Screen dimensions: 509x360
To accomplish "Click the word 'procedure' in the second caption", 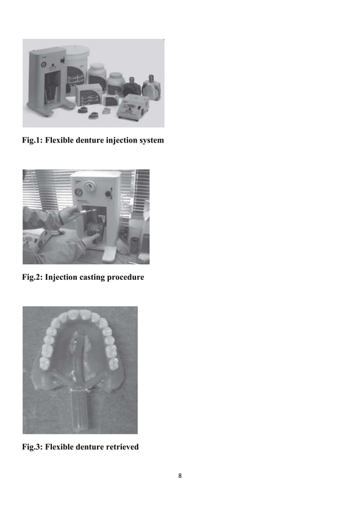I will (x=124, y=277).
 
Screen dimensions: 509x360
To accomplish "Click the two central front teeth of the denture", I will (x=80, y=314).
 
